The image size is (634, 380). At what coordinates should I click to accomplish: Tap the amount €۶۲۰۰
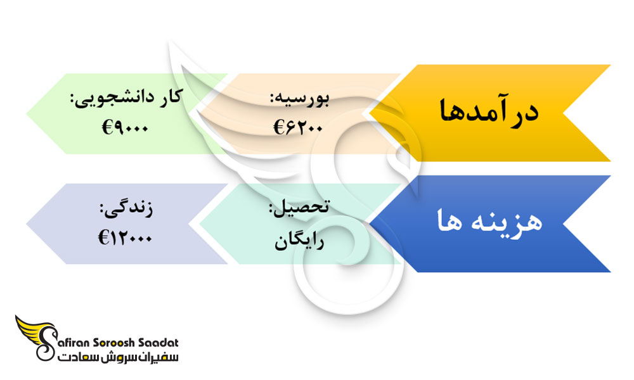pos(298,127)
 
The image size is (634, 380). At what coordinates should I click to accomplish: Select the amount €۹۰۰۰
pos(126,128)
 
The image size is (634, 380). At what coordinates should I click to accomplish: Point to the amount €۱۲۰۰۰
pos(125,238)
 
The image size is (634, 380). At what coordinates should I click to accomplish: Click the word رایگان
pos(299,241)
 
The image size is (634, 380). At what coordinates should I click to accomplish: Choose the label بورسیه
pos(300,99)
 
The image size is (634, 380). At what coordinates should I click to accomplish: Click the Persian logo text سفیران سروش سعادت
pos(118,357)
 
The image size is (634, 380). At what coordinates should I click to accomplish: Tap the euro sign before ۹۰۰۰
pos(107,128)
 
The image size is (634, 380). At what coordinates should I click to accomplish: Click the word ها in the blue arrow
pos(450,222)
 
